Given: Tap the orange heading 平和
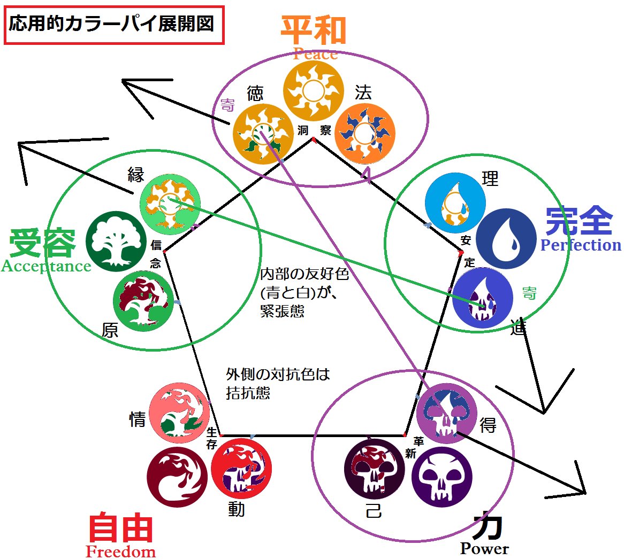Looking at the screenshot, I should click(x=314, y=31).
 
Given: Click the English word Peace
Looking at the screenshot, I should click(x=315, y=54).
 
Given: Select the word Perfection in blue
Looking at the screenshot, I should click(x=581, y=245).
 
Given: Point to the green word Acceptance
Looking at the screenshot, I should click(x=46, y=266).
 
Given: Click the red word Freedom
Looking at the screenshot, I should click(x=121, y=551).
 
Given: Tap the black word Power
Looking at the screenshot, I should click(x=484, y=549).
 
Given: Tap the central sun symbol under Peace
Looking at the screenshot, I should click(x=313, y=92).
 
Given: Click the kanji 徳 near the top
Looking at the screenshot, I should click(x=255, y=94).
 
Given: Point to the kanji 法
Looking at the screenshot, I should click(x=363, y=92).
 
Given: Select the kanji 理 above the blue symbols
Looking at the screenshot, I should click(x=490, y=178).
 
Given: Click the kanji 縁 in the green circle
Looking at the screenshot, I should click(x=135, y=175).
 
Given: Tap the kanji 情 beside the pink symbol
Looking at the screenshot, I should click(x=138, y=419).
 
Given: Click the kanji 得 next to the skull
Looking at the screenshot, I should click(x=488, y=425).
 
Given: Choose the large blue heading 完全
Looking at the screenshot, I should click(x=579, y=220).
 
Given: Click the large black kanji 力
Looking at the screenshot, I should click(x=488, y=525).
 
